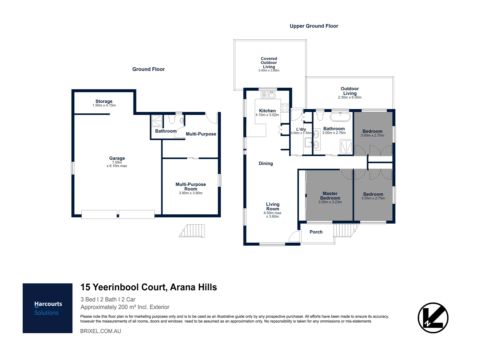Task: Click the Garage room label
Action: (x=117, y=158)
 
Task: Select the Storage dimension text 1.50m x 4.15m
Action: (x=104, y=105)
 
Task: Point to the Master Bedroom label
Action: (x=330, y=196)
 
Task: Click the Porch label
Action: (x=316, y=232)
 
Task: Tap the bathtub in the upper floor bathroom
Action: (x=340, y=117)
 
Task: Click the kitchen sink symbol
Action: (x=268, y=95)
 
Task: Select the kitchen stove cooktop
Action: (x=285, y=108)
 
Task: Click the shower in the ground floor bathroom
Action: (x=157, y=121)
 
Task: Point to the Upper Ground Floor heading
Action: (x=314, y=26)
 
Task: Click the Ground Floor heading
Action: (x=148, y=69)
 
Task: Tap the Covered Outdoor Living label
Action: (x=269, y=63)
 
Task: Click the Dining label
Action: (x=266, y=163)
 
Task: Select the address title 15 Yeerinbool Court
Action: (x=124, y=287)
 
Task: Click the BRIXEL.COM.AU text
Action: (x=101, y=331)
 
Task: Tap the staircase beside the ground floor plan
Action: (x=192, y=231)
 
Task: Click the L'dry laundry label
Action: (x=301, y=129)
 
